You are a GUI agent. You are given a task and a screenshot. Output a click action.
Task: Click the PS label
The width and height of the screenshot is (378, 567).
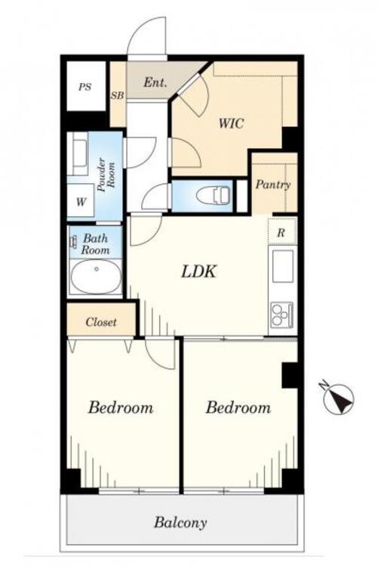[x=85, y=87]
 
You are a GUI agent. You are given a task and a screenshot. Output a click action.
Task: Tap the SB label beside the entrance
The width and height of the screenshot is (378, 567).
[x=118, y=95]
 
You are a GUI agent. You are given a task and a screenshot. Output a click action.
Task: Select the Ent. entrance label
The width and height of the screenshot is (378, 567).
[x=155, y=83]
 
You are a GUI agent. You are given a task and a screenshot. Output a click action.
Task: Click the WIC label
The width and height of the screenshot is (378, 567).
[x=232, y=123]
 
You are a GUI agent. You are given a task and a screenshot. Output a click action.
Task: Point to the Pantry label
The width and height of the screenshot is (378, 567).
[x=273, y=184]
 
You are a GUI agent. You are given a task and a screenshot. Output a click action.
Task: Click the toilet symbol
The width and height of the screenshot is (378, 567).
[x=214, y=195]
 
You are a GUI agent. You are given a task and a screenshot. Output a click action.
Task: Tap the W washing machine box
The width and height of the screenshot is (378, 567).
[x=81, y=200]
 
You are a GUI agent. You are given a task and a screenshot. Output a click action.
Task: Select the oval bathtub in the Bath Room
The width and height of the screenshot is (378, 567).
[x=96, y=277]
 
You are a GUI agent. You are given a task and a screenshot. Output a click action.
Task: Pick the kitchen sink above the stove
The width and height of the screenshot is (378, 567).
[x=283, y=266]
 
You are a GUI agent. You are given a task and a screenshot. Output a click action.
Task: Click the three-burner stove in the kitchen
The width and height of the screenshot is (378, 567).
[x=282, y=314]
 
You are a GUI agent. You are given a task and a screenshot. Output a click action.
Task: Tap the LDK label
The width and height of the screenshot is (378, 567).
[x=198, y=271]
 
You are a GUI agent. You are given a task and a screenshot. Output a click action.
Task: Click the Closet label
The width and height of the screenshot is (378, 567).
[x=101, y=322]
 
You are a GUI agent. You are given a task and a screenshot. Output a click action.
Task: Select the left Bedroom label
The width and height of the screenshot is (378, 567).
[x=121, y=407]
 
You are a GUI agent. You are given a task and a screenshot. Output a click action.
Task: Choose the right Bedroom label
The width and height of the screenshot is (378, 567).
[x=238, y=407]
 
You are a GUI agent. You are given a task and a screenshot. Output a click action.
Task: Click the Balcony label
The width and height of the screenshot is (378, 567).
[x=180, y=522]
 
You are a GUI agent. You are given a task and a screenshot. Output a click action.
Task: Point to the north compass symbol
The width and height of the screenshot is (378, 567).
[x=338, y=398]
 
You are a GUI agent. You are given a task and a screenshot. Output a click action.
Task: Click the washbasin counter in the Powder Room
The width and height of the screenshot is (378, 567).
[x=78, y=153]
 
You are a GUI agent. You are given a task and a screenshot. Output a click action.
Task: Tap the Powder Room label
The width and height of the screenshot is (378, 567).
[x=106, y=175]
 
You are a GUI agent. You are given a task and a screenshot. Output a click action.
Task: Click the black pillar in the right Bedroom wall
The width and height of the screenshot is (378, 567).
[x=290, y=375]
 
